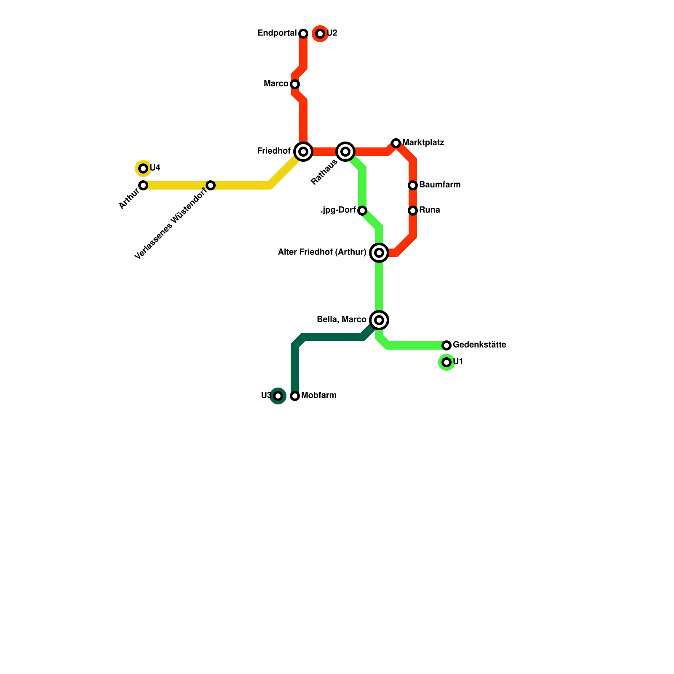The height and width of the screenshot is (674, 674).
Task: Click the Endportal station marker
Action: [x=303, y=34]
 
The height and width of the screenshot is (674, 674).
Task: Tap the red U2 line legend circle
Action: [x=320, y=34]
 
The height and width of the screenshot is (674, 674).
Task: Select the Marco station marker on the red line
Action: [x=295, y=84]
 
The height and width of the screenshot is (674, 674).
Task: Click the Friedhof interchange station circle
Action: [x=303, y=152]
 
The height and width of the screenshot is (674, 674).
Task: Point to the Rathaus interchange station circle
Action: [x=345, y=152]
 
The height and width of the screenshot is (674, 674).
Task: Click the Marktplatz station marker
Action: [x=396, y=143]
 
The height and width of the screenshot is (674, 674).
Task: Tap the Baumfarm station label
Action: [x=440, y=185]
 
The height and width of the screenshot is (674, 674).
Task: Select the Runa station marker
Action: [x=413, y=211]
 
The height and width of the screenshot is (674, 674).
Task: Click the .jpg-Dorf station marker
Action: [x=362, y=211]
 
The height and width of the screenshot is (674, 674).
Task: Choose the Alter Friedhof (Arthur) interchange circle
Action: [x=379, y=253]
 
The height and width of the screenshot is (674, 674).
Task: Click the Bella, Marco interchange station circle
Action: [x=379, y=320]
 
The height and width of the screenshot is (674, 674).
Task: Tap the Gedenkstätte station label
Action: [x=479, y=345]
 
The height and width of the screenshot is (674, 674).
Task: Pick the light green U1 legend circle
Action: [x=447, y=362]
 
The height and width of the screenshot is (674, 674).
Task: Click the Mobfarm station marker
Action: [x=295, y=396]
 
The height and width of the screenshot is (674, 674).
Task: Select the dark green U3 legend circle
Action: [x=278, y=396]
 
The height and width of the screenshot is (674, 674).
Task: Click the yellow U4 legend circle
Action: [x=143, y=168]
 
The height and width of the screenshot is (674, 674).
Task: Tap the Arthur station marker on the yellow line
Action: [x=143, y=185]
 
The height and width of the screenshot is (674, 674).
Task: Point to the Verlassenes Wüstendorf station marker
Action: [x=211, y=185]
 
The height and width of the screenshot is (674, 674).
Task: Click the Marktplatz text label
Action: [x=423, y=143]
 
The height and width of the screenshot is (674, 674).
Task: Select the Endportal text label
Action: [x=277, y=33]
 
